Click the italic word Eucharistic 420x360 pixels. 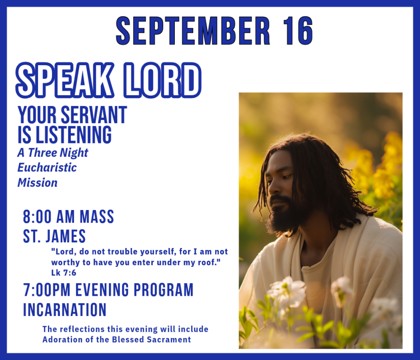[47, 167]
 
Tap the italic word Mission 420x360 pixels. [37, 182]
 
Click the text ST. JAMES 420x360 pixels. [54, 236]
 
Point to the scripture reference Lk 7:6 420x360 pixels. [64, 272]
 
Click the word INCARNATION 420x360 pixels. [65, 310]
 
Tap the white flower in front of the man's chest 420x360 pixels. [287, 291]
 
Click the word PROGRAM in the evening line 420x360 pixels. [165, 290]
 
